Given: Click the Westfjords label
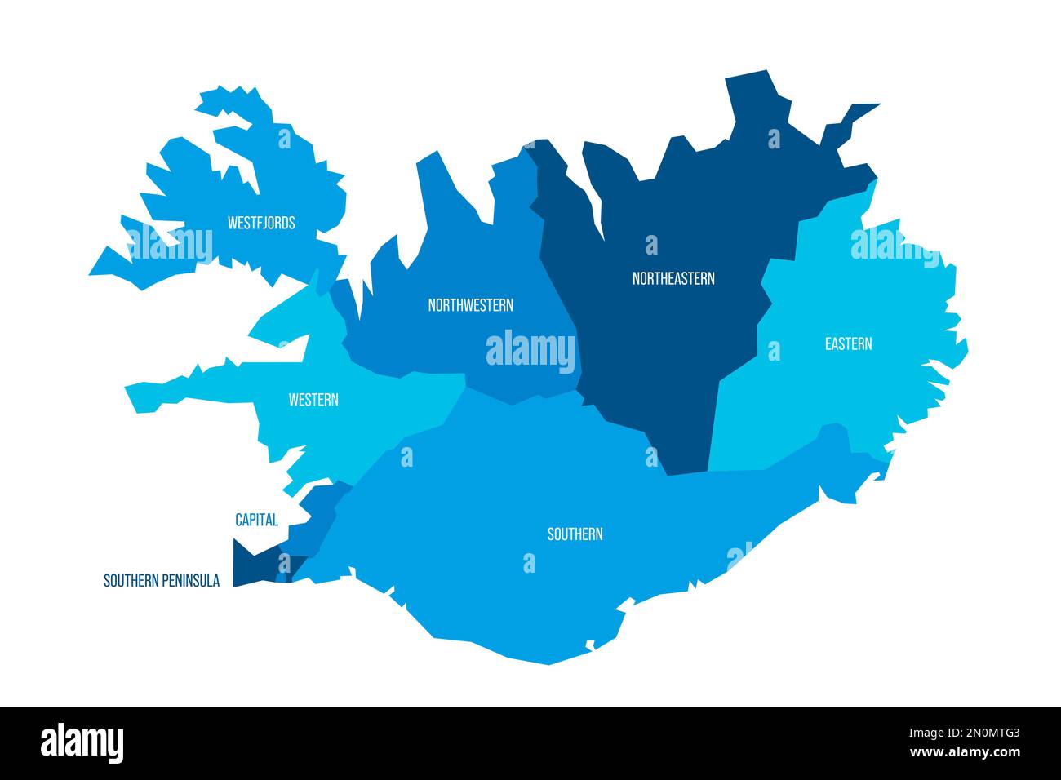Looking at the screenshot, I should (x=261, y=222).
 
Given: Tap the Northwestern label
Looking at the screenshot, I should (x=470, y=305).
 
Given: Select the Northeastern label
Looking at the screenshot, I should (x=673, y=278).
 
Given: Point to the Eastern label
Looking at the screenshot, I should (x=848, y=343).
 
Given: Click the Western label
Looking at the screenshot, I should (x=313, y=400).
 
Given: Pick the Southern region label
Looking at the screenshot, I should (x=575, y=534).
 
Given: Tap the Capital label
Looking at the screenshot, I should (x=256, y=519).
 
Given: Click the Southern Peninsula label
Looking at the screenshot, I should (x=161, y=581).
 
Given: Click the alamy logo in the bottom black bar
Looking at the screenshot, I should (x=82, y=743).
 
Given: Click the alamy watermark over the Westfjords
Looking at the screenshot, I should (x=170, y=245).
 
